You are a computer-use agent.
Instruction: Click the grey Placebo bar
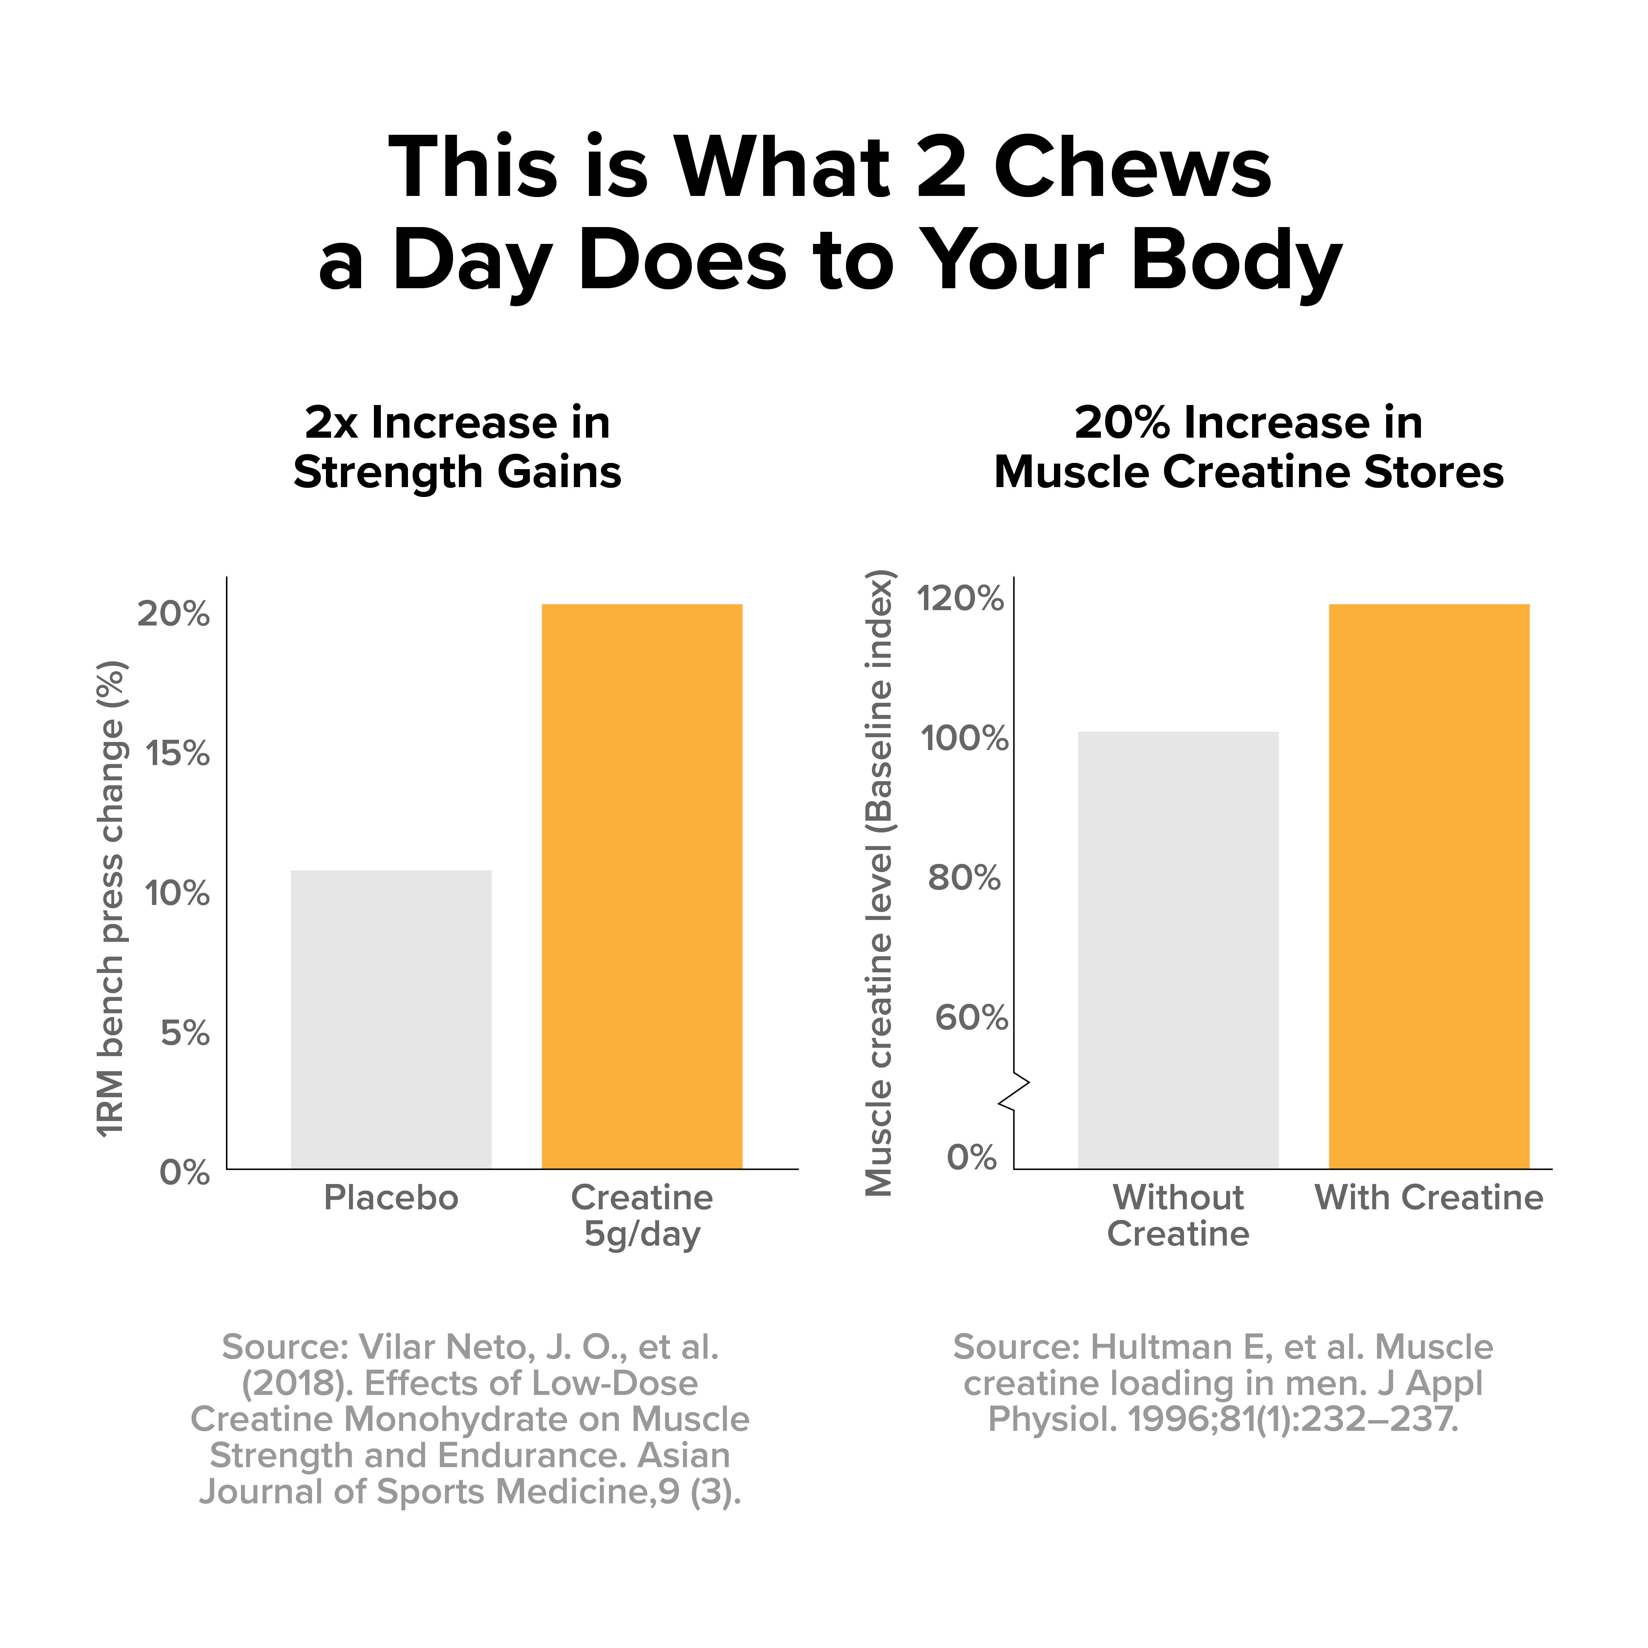click(391, 1019)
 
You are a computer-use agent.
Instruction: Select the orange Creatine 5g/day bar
click(642, 886)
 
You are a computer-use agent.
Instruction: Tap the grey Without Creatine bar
click(1178, 950)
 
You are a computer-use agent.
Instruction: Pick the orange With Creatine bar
click(1429, 886)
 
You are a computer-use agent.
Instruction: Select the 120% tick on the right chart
click(961, 599)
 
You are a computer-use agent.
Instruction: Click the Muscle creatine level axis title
click(879, 883)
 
